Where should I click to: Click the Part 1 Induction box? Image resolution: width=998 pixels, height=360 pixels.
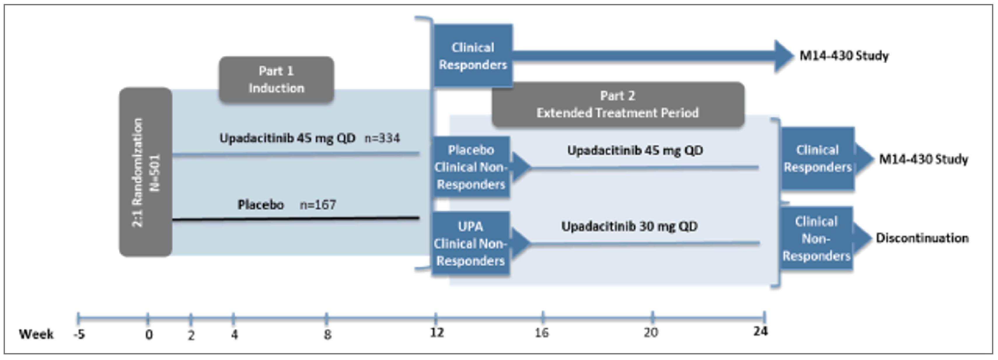point(276,79)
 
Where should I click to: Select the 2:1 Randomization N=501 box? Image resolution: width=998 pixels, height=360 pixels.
point(145,172)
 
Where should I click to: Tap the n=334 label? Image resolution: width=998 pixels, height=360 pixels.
point(382,138)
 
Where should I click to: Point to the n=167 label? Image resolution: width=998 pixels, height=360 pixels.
point(318,205)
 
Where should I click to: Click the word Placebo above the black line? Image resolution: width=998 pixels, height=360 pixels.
point(260,205)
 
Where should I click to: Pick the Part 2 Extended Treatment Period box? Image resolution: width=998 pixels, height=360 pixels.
point(617,104)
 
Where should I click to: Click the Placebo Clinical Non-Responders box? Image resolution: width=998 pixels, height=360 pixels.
point(471,167)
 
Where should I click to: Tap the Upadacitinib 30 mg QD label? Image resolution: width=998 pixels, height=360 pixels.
point(629,226)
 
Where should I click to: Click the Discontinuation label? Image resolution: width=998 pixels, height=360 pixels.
point(922,238)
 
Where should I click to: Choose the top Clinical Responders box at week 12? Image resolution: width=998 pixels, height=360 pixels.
point(473,56)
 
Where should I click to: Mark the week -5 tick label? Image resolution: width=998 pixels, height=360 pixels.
point(79,334)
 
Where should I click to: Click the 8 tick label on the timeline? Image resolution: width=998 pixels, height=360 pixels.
point(327,334)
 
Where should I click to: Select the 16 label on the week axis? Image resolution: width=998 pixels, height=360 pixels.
point(542,333)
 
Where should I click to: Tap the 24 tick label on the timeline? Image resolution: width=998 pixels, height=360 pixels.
point(760,331)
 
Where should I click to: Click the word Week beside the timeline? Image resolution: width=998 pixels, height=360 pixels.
point(36,334)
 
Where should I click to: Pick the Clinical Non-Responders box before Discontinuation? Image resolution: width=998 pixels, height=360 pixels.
point(816,238)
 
